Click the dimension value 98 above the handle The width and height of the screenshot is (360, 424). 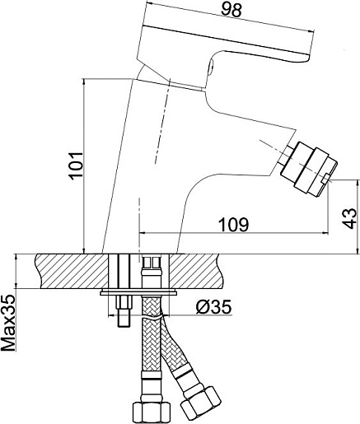coord(231,11)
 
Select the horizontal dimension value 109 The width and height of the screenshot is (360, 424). coord(233,224)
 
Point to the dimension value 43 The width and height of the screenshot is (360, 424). coord(350,218)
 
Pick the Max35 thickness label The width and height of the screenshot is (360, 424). coord(8,324)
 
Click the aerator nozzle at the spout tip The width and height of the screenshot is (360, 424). coord(308,169)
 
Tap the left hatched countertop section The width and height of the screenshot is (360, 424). coord(72,271)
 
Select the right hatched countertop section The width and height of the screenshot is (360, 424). coord(195,271)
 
